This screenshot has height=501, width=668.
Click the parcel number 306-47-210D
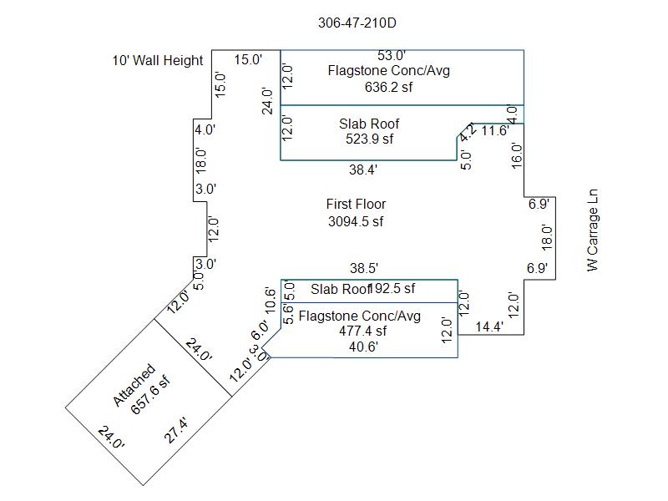click(x=357, y=23)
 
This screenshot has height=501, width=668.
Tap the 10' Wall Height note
click(x=158, y=60)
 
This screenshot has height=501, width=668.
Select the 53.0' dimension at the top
click(x=391, y=56)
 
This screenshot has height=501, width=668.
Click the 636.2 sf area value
click(x=389, y=87)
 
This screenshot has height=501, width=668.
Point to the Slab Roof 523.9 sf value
click(x=369, y=139)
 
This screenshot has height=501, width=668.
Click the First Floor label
click(x=356, y=204)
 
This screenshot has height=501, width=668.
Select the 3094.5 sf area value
click(x=356, y=222)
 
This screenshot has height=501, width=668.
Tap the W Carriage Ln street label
click(x=593, y=229)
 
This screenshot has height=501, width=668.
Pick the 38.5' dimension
click(x=363, y=268)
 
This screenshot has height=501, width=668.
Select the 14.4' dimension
click(x=489, y=327)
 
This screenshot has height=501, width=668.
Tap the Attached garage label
click(x=134, y=386)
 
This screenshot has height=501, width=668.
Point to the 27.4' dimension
click(x=176, y=431)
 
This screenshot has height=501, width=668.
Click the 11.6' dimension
click(x=494, y=130)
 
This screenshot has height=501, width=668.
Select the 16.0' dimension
click(x=517, y=156)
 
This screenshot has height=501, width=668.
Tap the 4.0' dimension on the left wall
click(x=205, y=129)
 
